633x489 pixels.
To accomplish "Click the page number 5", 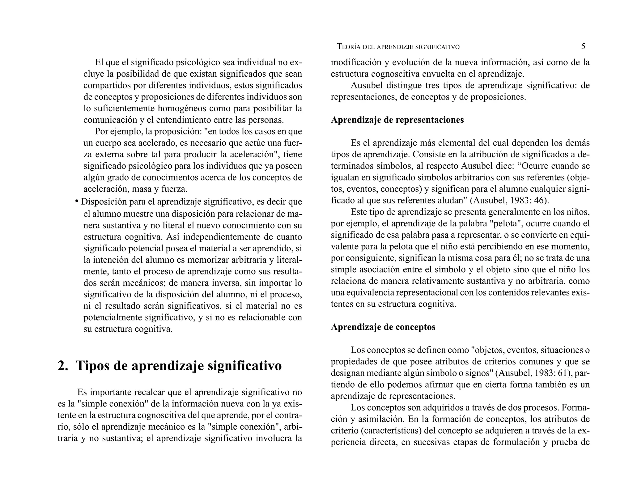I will click(583, 47).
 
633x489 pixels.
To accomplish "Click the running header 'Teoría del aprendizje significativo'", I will click(398, 47).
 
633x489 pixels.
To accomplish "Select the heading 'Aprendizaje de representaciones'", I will click(397, 120).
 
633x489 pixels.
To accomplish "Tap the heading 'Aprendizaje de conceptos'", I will click(383, 327).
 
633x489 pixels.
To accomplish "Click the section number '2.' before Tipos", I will click(63, 366).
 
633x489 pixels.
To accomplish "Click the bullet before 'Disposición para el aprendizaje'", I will click(77, 202).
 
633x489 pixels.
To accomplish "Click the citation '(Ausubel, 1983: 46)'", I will click(509, 201).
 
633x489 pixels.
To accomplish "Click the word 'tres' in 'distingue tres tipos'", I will click(432, 86).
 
